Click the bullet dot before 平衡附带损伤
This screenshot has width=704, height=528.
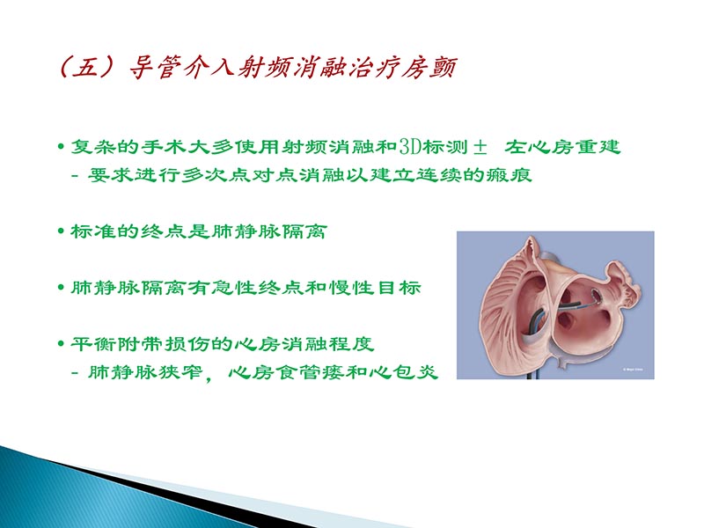(60, 343)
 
